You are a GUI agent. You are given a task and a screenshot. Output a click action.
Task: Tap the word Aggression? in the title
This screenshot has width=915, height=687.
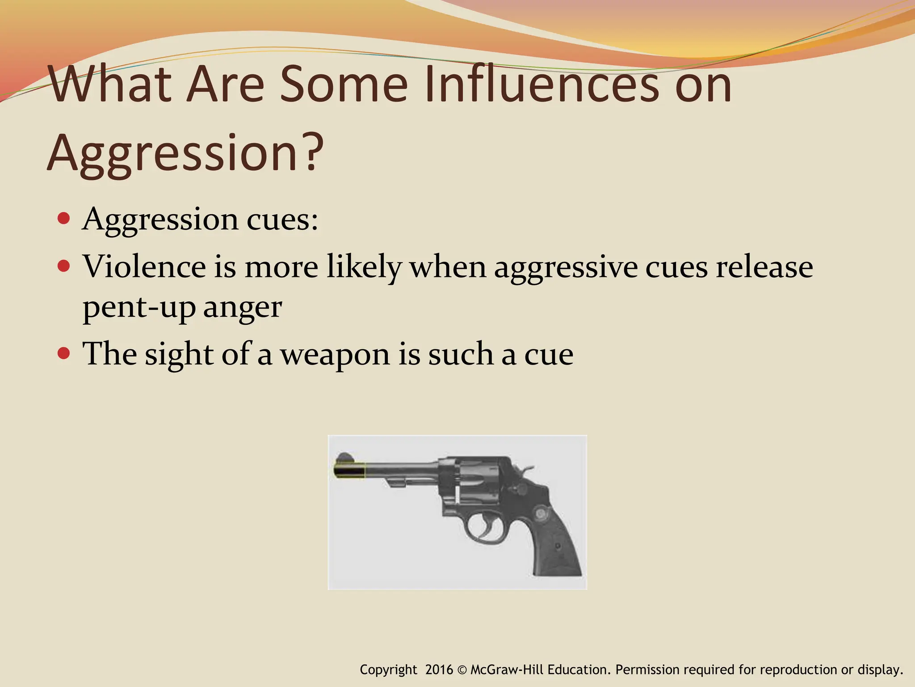point(185,153)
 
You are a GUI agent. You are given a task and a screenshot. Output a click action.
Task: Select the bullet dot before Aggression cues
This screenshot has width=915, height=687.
point(64,219)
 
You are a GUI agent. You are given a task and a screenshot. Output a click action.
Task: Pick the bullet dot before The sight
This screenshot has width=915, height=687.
point(64,354)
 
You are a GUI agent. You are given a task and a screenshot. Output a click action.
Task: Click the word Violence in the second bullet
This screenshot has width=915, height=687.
point(144,267)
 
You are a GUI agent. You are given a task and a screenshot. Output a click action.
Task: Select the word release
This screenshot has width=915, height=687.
point(764,267)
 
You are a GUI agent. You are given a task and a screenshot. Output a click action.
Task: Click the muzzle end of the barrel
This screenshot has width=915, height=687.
point(340,471)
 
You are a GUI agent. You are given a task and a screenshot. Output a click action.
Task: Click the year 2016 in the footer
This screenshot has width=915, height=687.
point(439,670)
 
